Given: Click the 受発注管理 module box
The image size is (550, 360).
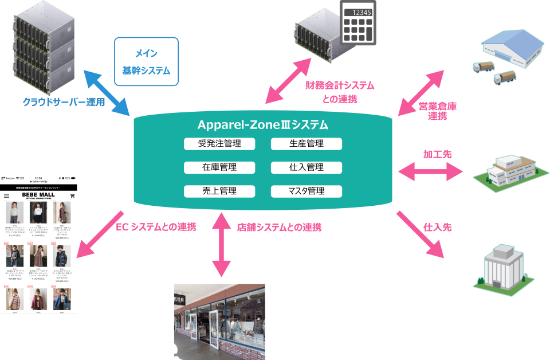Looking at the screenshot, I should click(x=219, y=144).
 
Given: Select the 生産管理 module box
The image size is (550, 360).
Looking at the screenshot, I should click(x=307, y=144).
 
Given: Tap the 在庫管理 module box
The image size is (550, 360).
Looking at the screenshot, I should click(x=219, y=167).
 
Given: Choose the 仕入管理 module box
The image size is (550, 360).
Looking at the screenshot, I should click(x=307, y=167).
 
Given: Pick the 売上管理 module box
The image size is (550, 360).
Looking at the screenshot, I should click(x=219, y=191).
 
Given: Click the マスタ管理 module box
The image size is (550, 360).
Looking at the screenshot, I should click(x=307, y=191).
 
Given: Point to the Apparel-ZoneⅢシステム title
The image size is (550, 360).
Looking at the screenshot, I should click(x=263, y=124).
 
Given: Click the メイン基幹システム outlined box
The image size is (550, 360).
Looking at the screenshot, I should click(x=147, y=61).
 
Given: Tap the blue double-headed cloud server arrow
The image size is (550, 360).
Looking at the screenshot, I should click(x=107, y=92).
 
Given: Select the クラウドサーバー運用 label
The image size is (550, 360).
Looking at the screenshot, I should click(x=64, y=103).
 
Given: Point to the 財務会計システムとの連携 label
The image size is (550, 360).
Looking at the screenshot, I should click(x=340, y=92).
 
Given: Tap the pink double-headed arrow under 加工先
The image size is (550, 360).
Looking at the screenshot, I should click(x=430, y=170).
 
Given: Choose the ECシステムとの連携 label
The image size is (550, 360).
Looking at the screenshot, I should click(x=156, y=227).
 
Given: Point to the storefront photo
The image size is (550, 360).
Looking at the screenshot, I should click(x=219, y=321).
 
